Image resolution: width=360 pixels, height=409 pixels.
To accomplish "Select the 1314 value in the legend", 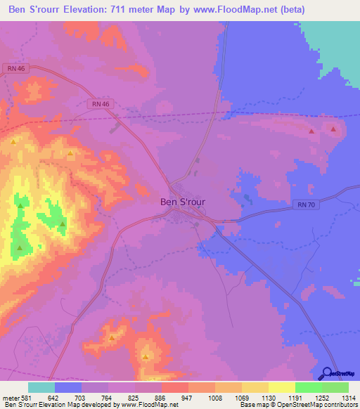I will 348,397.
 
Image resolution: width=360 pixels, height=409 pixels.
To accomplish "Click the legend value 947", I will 188,397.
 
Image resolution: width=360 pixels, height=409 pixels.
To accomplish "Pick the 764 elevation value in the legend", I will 108,397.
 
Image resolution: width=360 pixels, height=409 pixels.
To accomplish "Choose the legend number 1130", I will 268,397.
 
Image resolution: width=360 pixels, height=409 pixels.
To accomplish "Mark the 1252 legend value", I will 321,397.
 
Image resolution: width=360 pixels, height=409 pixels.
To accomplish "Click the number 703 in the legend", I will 81,397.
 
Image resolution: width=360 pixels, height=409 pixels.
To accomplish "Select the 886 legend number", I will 161,397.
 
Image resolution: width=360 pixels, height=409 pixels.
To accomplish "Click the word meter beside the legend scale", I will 10,397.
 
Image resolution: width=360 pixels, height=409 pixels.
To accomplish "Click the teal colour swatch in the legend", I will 41,387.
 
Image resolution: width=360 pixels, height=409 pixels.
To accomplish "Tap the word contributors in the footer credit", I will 341,405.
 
